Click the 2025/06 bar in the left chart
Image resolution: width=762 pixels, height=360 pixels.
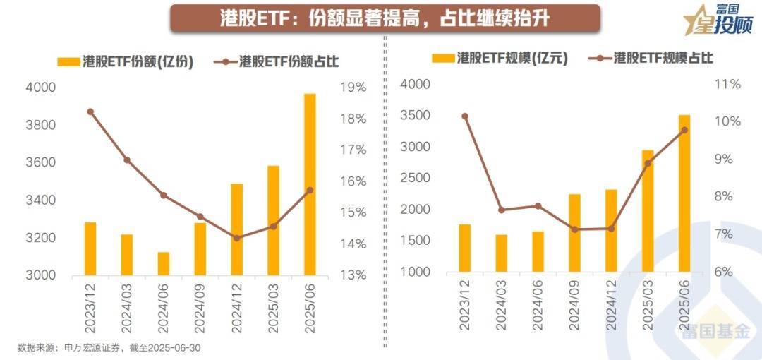click(x=310, y=184)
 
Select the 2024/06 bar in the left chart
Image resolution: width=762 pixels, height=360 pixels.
click(x=163, y=263)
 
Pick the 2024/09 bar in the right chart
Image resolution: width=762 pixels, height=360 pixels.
click(x=574, y=233)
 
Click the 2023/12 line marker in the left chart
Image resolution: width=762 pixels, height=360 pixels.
click(x=90, y=112)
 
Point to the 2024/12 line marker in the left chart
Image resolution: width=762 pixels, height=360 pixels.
click(x=236, y=238)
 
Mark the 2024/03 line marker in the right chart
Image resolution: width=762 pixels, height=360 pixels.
click(x=501, y=210)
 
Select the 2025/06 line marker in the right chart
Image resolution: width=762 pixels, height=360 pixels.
click(x=684, y=130)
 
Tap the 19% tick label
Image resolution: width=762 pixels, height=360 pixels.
click(x=353, y=88)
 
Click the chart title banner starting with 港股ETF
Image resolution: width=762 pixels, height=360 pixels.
click(x=385, y=18)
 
